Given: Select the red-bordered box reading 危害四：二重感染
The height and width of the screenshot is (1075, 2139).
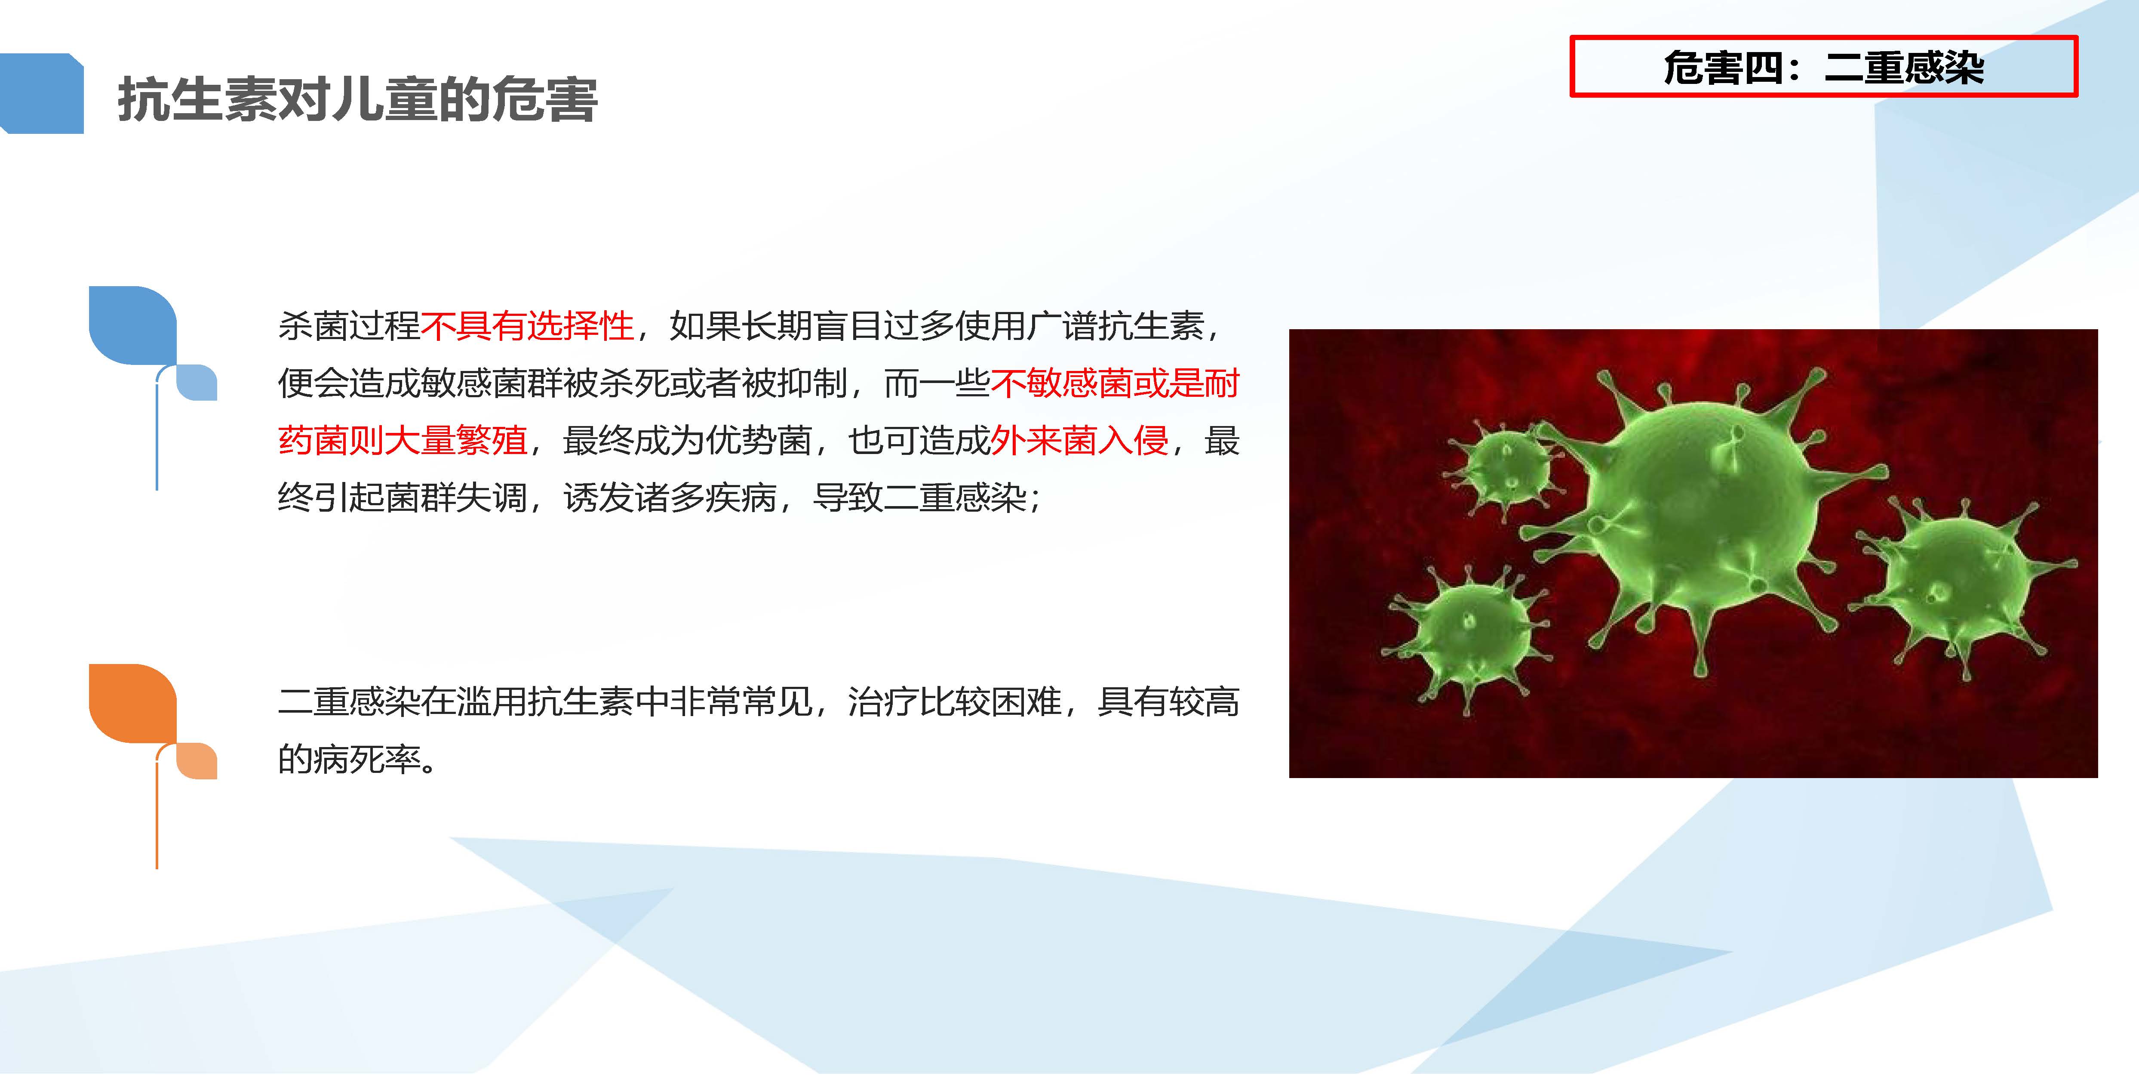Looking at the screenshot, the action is coord(1823,66).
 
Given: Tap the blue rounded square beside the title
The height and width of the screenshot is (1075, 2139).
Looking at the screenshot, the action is coord(42,93).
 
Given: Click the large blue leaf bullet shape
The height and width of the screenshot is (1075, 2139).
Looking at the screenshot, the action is coord(133,326).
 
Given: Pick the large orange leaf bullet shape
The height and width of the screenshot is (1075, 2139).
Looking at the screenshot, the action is coord(133,703).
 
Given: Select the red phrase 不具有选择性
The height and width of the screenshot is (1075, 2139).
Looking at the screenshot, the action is coord(527,326).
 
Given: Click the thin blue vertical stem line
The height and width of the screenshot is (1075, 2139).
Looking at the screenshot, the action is coord(157,432).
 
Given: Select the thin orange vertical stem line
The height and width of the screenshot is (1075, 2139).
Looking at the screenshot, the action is coord(157,810).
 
